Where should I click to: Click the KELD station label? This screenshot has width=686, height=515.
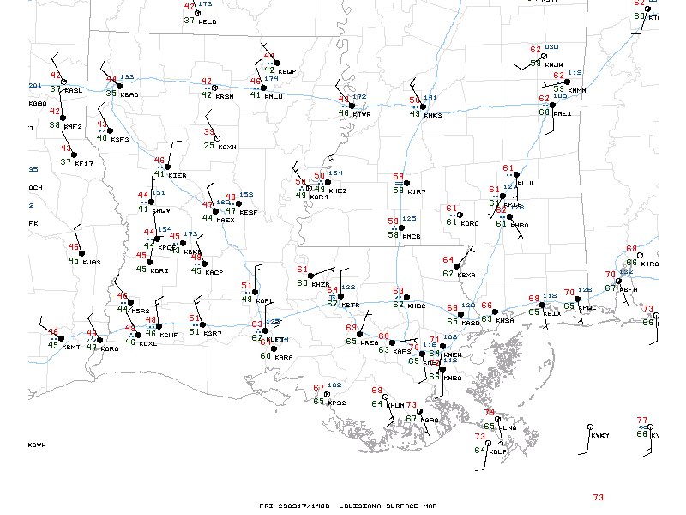point(208,21)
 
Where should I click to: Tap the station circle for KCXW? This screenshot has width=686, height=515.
point(218,138)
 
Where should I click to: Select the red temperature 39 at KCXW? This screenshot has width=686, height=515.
point(208,131)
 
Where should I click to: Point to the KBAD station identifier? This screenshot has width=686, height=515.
point(129,94)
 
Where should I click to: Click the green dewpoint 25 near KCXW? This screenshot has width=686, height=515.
point(208,145)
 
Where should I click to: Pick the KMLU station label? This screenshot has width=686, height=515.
point(274,96)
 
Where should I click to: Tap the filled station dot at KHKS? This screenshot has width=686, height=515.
point(421,107)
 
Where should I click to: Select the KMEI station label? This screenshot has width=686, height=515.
point(563,113)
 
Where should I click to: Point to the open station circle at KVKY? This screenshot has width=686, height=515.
point(590,427)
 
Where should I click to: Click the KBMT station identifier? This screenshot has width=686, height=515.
point(70,347)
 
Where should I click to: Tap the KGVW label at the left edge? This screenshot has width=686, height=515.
point(36,445)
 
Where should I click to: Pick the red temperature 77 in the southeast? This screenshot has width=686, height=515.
point(641,420)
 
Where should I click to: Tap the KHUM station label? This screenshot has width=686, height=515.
point(395,405)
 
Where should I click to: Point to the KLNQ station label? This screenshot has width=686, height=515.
point(508,427)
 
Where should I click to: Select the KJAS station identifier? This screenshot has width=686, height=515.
point(92,262)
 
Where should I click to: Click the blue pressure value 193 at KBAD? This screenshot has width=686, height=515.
point(127,77)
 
